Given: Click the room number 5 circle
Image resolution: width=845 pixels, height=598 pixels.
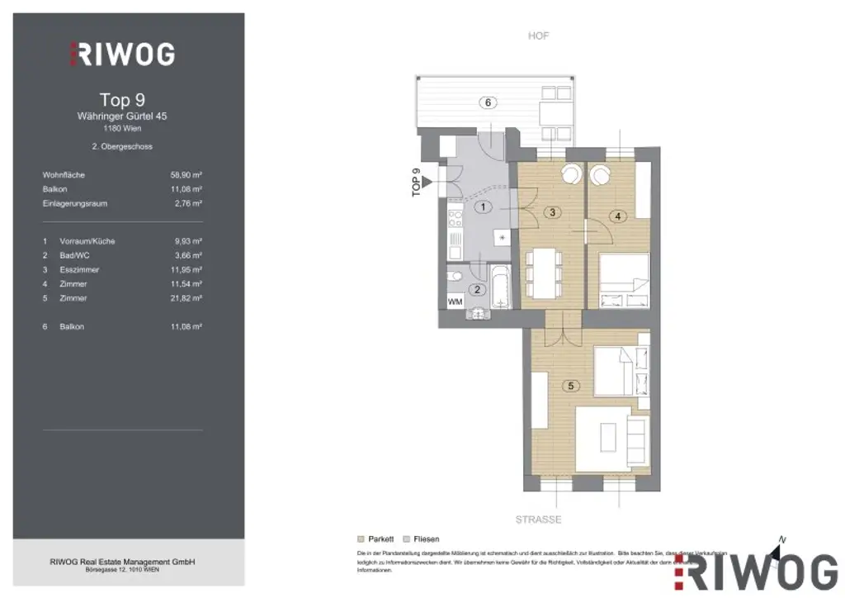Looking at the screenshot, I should point(567,386).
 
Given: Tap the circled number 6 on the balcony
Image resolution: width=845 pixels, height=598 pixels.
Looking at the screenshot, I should point(489,102).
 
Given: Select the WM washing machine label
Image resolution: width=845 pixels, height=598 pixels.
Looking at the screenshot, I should point(455,302).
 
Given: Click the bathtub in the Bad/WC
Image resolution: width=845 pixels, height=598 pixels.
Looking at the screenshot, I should point(501,287).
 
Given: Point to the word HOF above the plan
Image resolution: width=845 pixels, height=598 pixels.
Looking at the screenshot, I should point(538,36).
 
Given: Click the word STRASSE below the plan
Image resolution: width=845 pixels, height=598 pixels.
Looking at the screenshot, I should point(538,520).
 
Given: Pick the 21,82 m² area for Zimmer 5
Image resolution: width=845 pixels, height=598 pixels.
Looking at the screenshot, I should point(186,298).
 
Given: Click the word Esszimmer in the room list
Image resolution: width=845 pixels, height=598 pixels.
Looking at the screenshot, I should point(78,270).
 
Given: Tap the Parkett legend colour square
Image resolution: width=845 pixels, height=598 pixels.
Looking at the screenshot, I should point(361,538).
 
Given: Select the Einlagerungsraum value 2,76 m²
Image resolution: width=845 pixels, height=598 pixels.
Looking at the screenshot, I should point(187,203).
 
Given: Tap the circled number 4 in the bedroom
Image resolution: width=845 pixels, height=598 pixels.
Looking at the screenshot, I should point(620,216).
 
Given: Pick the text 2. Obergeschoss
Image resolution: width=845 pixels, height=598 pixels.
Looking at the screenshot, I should point(122,146).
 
